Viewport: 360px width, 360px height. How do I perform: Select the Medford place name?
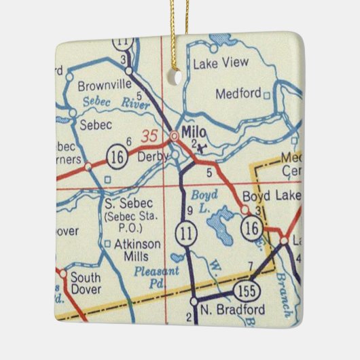(238, 94)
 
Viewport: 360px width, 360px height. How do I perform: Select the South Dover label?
(86, 284)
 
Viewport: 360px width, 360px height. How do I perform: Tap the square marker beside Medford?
(267, 94)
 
